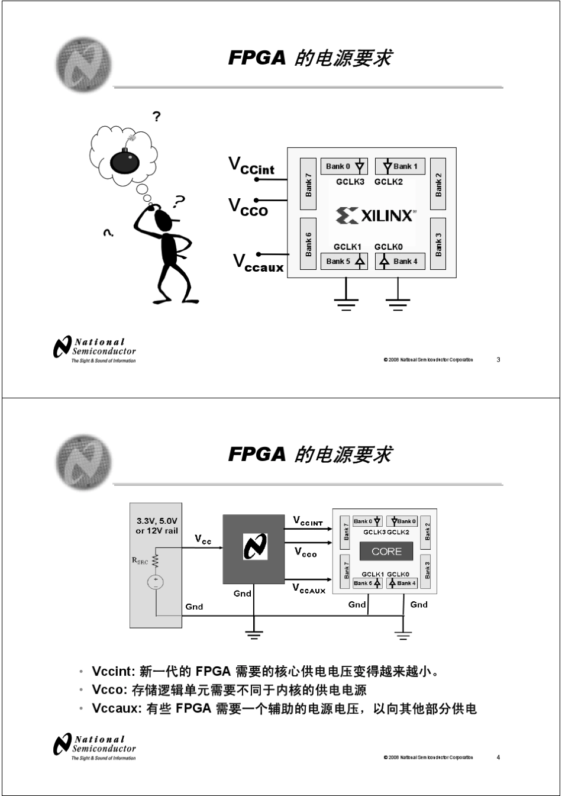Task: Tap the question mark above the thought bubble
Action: (156, 117)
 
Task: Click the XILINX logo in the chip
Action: (375, 215)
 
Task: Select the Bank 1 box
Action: (400, 166)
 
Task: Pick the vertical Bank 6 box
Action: (308, 243)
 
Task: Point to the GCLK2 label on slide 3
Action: (388, 182)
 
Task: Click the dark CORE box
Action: (386, 552)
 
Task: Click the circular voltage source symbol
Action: (156, 582)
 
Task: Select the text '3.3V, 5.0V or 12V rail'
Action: (157, 526)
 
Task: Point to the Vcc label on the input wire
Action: (203, 540)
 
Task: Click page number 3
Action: (498, 360)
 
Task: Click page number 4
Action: (498, 758)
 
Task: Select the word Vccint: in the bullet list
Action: (114, 672)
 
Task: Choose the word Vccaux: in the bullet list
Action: (117, 708)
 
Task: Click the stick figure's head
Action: (164, 220)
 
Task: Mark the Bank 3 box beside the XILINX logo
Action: (438, 243)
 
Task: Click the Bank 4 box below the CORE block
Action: (402, 583)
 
